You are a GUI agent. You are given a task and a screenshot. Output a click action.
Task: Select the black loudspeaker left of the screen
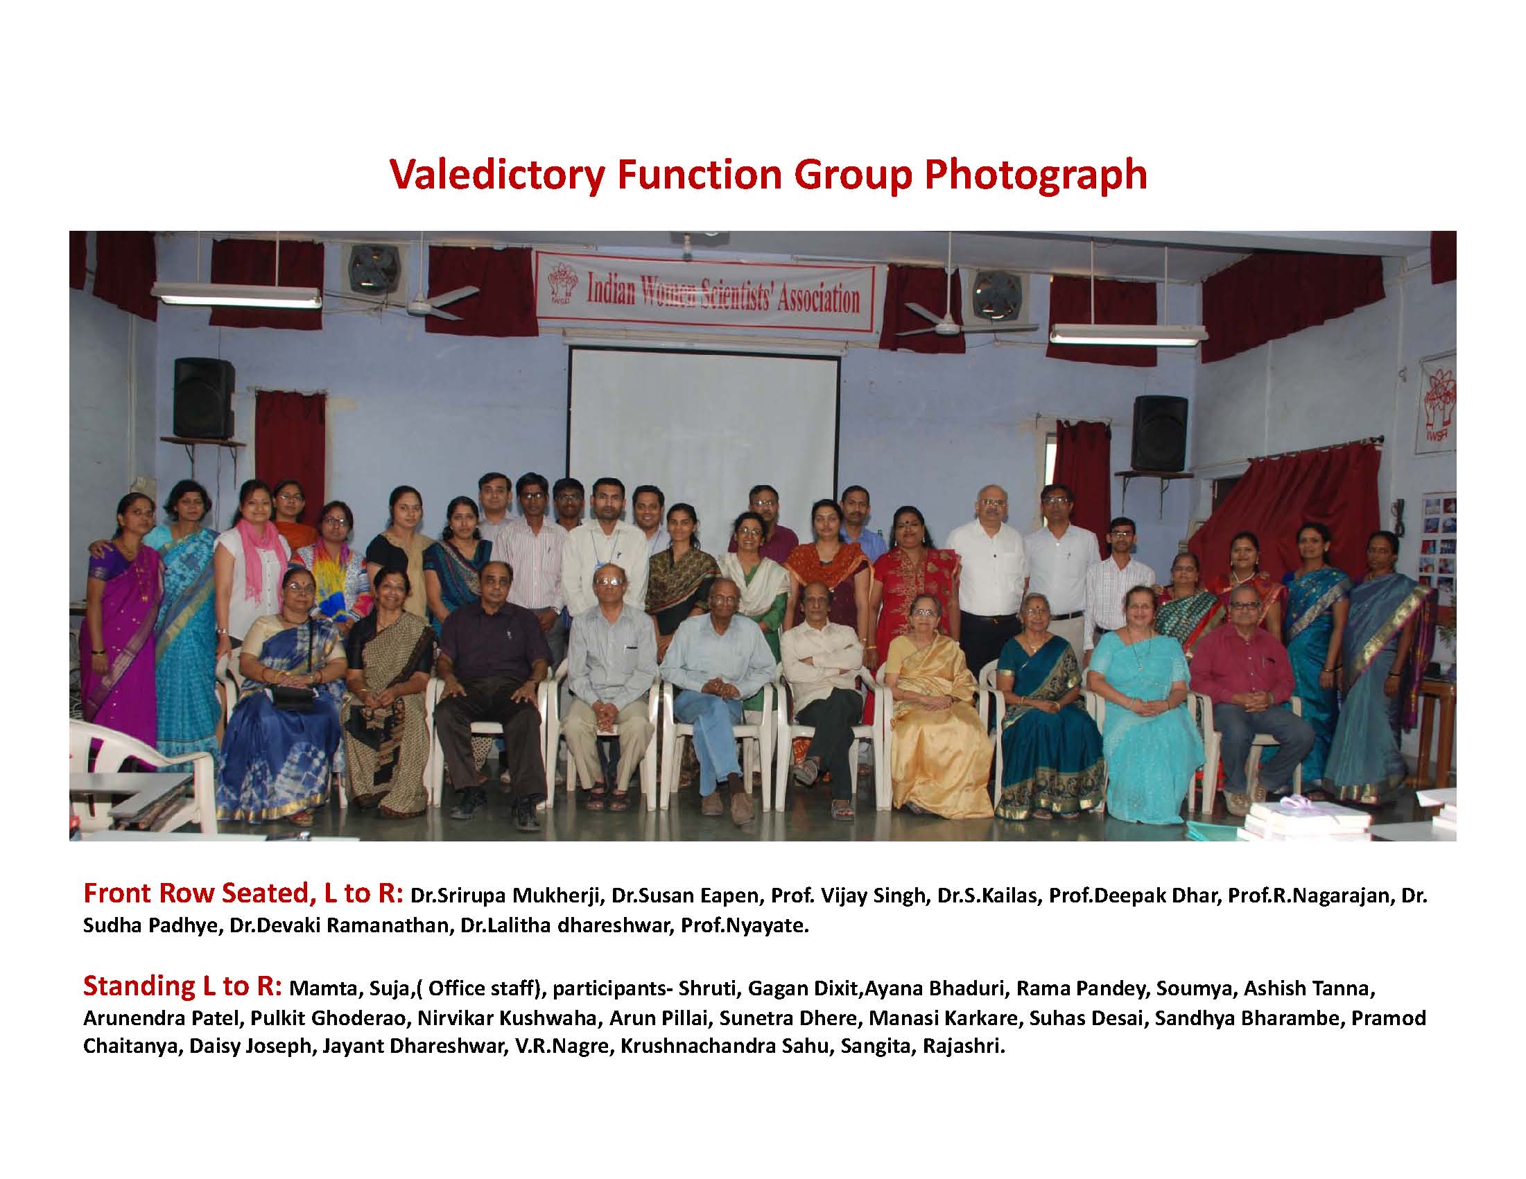coord(203,397)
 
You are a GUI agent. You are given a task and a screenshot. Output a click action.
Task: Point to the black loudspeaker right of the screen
coord(1160,433)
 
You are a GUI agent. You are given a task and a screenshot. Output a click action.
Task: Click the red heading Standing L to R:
coord(182,986)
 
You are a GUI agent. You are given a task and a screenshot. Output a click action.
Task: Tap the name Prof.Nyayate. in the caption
coord(744,926)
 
